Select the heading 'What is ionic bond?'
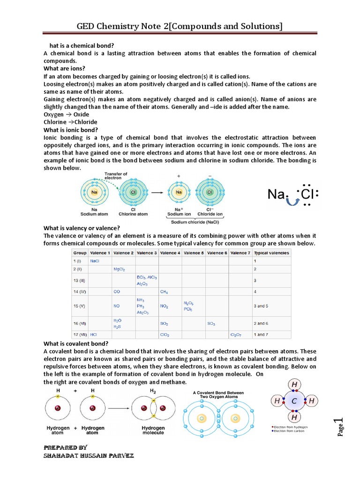[x=71, y=130]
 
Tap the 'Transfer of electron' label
[x=116, y=176]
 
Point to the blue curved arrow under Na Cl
[x=294, y=202]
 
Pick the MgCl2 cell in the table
[x=119, y=270]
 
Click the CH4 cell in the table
[x=165, y=292]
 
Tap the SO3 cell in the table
[x=211, y=323]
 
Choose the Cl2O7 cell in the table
[x=235, y=335]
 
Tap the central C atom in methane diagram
[x=294, y=401]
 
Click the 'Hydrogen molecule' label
[x=153, y=430]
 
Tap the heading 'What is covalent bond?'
[x=76, y=344]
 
